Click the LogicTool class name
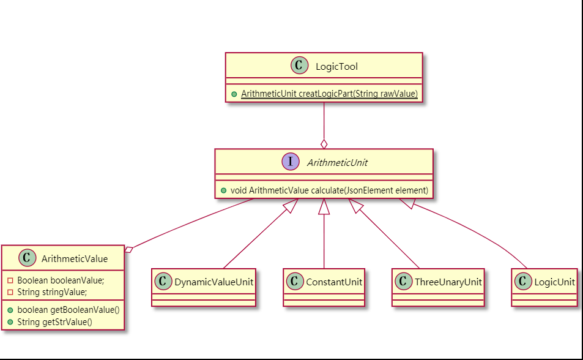[336, 66]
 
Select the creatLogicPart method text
[329, 94]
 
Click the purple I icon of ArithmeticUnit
[289, 162]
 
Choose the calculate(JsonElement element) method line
[329, 190]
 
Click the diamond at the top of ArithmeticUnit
[324, 144]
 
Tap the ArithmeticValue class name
[75, 259]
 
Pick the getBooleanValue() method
[68, 309]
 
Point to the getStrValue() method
[54, 321]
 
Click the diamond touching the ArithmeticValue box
[128, 249]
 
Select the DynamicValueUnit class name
[214, 282]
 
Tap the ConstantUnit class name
[333, 282]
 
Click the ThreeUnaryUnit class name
[448, 282]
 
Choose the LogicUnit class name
[554, 282]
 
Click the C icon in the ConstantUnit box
[294, 282]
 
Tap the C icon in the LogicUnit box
[523, 282]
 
